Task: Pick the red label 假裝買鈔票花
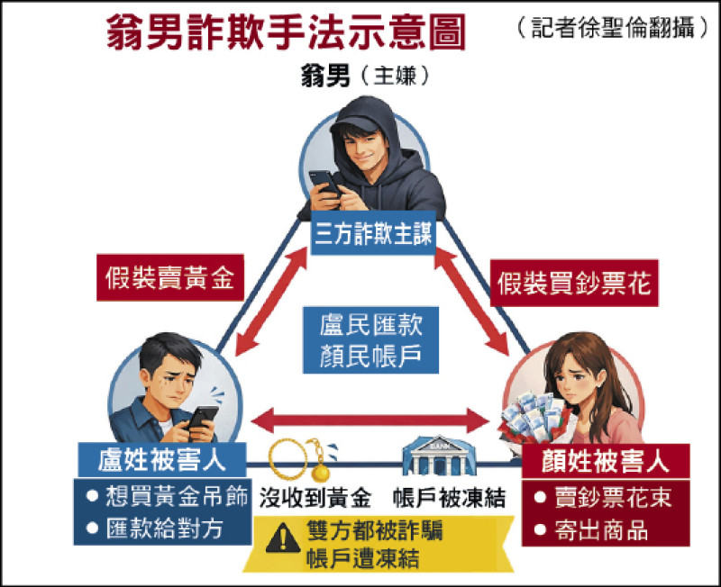coord(574,284)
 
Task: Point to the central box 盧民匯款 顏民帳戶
coord(371,339)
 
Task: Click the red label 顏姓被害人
coord(607,462)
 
